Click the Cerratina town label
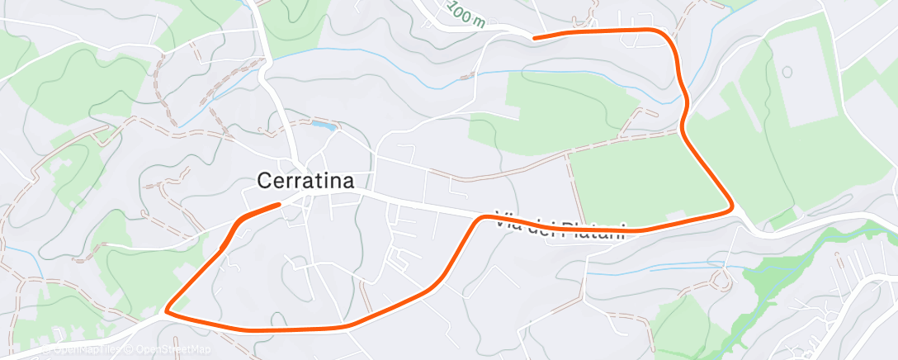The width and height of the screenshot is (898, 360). coord(306,180)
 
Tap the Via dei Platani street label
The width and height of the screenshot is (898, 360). coord(561,225)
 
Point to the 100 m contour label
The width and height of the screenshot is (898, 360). coord(467,14)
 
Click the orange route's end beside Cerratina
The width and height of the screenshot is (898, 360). coord(279,204)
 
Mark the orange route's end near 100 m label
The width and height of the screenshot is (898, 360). coord(535,37)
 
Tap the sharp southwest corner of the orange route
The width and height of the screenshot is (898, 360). coord(167,311)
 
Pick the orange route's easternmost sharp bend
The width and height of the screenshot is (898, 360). coord(731,207)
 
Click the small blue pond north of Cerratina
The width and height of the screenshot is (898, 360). coord(322,126)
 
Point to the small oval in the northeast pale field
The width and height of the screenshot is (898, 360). coord(787,71)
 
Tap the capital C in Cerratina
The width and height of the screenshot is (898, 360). coord(265,180)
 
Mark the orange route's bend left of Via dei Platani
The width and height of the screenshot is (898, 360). coord(481,218)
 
